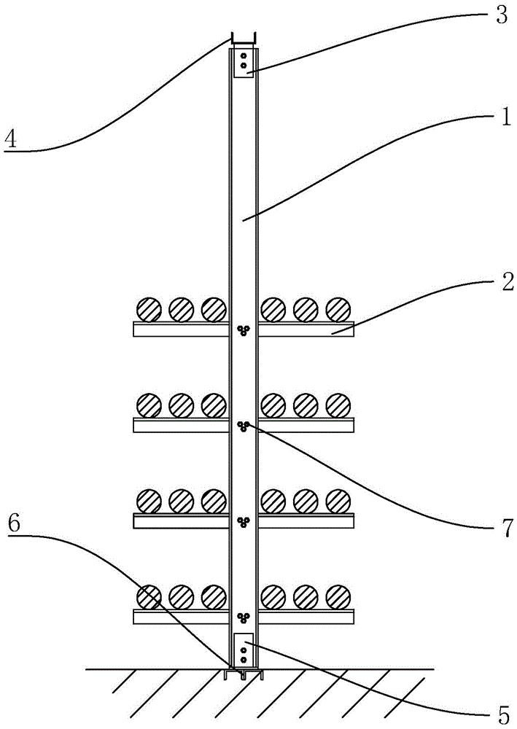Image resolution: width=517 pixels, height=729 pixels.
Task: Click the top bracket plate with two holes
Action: pos(243,63)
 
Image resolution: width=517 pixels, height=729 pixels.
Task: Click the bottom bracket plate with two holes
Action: pos(243,649)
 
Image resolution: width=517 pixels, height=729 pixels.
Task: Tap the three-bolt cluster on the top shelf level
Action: pos(244,330)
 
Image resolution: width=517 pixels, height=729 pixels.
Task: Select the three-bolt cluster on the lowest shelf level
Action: pos(244,618)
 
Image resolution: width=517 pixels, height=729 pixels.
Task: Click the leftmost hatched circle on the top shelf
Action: pos(149,309)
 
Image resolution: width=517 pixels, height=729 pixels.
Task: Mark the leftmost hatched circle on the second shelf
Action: pos(149,405)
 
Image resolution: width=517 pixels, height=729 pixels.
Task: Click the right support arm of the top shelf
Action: pos(306,330)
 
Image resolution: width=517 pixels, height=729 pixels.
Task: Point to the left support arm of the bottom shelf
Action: pos(181,617)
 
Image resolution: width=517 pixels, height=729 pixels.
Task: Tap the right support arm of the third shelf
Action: pos(306,521)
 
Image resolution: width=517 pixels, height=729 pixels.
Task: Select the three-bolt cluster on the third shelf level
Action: pos(244,521)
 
